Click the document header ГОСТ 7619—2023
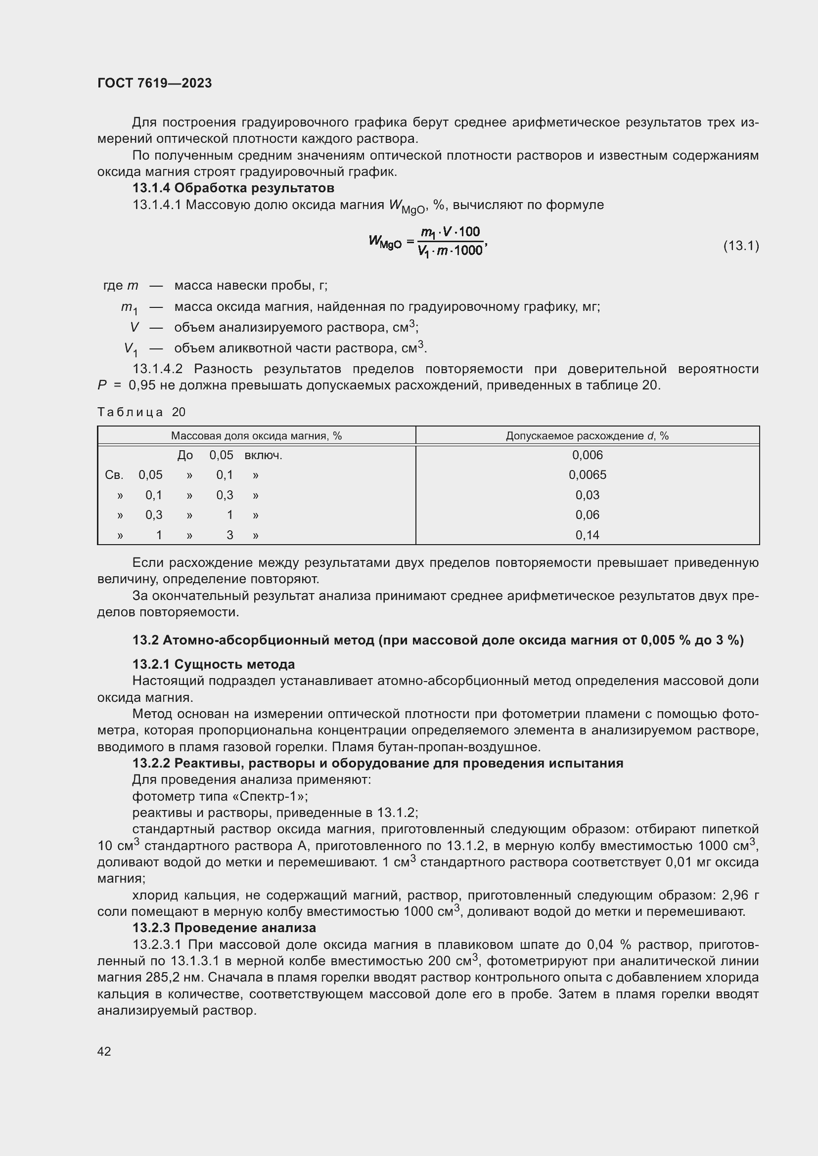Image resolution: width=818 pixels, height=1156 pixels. click(154, 83)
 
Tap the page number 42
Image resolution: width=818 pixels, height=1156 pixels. click(104, 1051)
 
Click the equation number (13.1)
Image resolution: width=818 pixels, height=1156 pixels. click(741, 246)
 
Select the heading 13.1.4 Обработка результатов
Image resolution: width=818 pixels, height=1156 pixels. click(233, 188)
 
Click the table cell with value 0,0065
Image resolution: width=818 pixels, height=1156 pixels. click(588, 475)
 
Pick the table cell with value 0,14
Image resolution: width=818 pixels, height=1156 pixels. click(588, 535)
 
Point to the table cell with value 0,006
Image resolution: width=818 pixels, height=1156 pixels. click(588, 455)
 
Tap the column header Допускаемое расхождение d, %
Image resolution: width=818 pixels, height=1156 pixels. click(588, 435)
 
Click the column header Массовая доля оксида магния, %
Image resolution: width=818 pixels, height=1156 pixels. click(256, 435)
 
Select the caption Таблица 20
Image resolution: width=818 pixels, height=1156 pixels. click(141, 412)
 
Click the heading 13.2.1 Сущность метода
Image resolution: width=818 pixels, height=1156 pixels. click(214, 664)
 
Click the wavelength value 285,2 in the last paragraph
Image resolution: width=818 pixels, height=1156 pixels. click(163, 977)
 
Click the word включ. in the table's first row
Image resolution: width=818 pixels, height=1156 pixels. click(263, 456)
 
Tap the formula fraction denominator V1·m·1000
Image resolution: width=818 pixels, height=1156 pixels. click(450, 251)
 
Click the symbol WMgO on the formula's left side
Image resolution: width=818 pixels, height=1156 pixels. click(385, 242)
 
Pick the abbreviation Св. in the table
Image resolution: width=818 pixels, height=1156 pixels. click(114, 475)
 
